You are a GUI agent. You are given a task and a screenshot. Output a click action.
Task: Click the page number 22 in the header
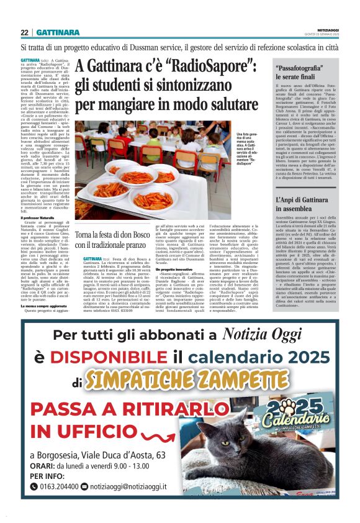click(25, 32)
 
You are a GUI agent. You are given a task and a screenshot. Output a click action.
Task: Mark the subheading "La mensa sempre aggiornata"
click(43, 306)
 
